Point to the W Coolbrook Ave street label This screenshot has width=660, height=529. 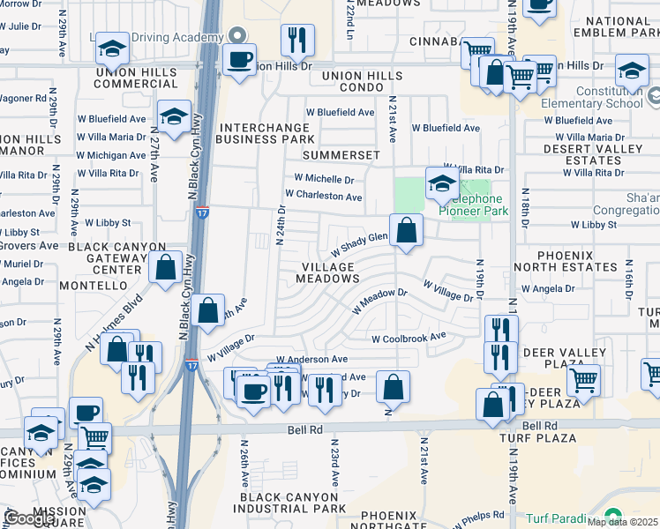pos(409,338)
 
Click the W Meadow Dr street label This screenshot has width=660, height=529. pos(379,301)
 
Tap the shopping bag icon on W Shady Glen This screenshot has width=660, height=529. pos(406,232)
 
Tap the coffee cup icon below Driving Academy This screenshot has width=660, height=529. pos(238,60)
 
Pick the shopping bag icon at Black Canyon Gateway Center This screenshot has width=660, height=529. pos(165,266)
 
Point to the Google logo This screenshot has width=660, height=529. pos(28,518)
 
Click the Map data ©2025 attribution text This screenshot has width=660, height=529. pos(622,522)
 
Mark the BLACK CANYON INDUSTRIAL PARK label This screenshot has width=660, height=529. pos(291,503)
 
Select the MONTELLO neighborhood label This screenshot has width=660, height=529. pos(94,286)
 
